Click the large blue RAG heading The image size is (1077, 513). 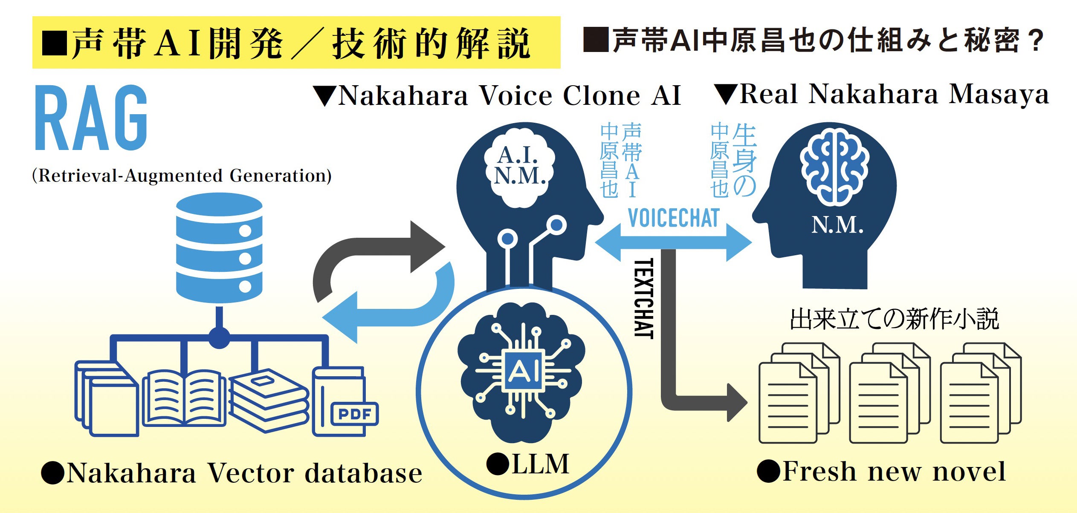pyautogui.click(x=90, y=118)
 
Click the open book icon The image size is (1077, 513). pyautogui.click(x=184, y=399)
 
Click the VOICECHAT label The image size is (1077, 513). pyautogui.click(x=673, y=218)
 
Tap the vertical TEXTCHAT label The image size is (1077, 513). pyautogui.click(x=644, y=298)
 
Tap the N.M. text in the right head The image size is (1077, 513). pyautogui.click(x=837, y=225)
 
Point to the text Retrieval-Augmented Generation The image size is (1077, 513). pyautogui.click(x=182, y=176)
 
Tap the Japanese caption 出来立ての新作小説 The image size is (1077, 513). pyautogui.click(x=894, y=319)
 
